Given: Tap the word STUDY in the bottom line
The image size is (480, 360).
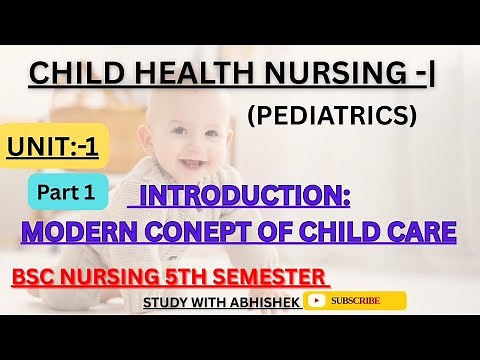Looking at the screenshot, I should [x=165, y=301].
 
